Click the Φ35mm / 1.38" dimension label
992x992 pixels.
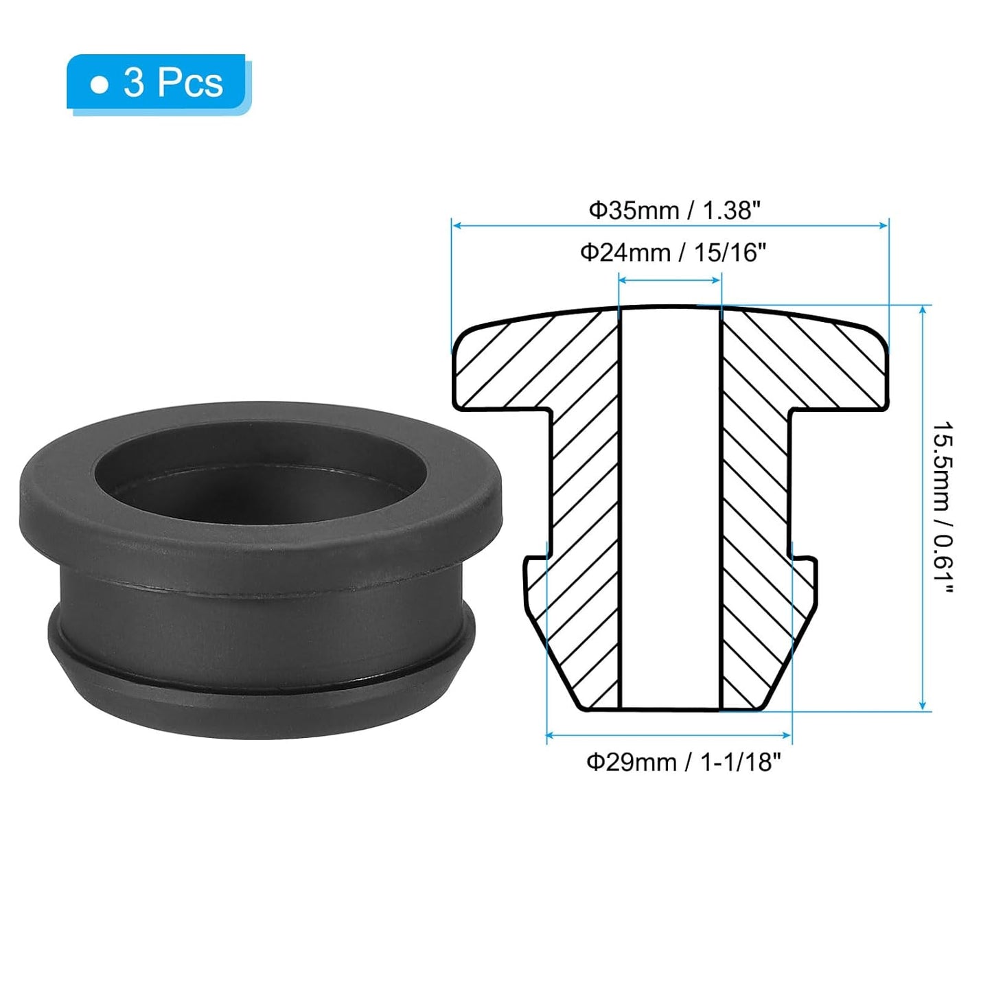[674, 210]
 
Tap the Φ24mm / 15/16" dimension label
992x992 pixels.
[673, 253]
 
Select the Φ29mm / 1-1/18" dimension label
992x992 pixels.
[683, 762]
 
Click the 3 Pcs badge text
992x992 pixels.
[173, 83]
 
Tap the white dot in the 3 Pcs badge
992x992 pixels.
[100, 85]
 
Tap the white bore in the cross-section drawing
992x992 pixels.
[670, 508]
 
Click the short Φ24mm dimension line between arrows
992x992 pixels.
[670, 279]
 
